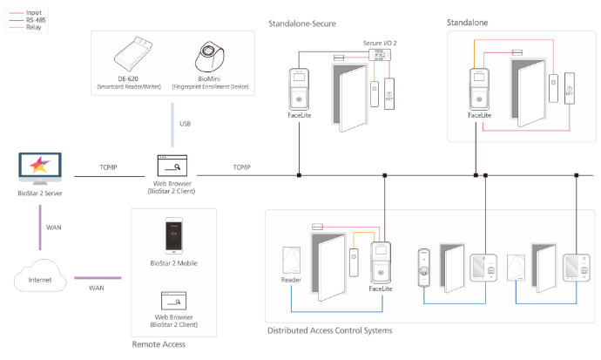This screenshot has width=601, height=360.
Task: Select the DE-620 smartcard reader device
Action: point(140,54)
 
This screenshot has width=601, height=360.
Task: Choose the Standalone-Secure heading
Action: point(314,23)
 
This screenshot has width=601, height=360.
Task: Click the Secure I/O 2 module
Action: point(379,54)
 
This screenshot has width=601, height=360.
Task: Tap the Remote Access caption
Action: point(159,345)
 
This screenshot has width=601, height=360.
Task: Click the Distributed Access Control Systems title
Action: point(330,330)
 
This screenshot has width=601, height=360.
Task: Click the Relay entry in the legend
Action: point(33,28)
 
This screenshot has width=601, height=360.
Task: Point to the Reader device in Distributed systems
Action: point(292,262)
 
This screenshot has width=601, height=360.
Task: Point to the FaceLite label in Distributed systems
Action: point(381,289)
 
